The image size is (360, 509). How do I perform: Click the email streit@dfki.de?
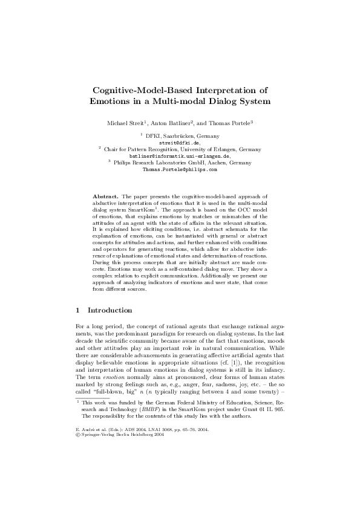point(179,143)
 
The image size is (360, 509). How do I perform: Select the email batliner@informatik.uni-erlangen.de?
point(180,157)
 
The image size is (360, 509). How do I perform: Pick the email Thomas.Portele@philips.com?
point(179,170)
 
